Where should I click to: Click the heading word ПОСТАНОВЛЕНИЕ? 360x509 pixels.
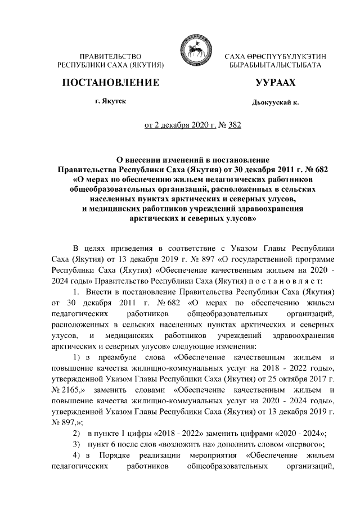(x=110, y=83)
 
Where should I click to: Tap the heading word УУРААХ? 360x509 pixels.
(x=275, y=83)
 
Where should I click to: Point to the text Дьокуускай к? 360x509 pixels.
(x=275, y=103)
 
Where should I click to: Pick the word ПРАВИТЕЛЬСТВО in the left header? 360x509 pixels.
(x=110, y=57)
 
